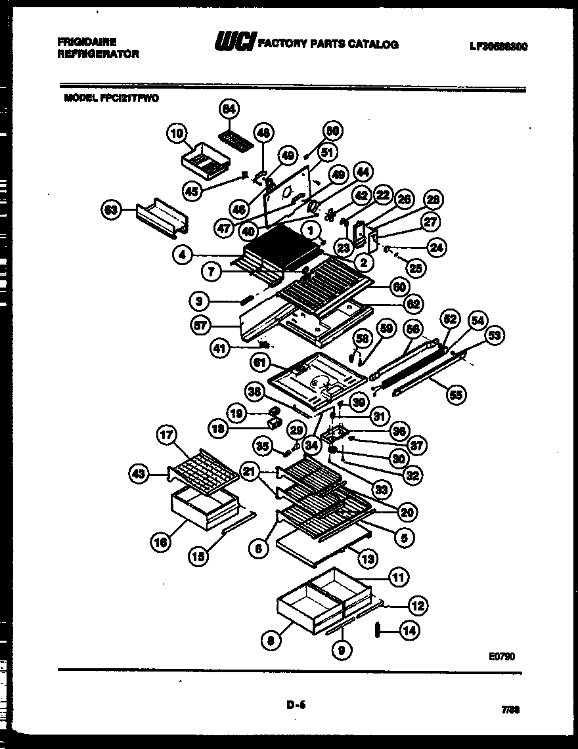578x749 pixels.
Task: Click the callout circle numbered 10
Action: [x=177, y=135]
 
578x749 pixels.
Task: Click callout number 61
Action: [x=260, y=362]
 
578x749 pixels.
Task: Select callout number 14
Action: [x=409, y=631]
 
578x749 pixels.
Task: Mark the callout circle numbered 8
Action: [x=269, y=641]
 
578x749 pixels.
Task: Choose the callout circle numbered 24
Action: [x=435, y=247]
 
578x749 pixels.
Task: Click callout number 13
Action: [x=368, y=559]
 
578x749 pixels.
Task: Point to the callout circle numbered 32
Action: [x=413, y=476]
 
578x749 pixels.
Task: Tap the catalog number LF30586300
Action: [x=499, y=47]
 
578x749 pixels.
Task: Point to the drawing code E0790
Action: [x=502, y=654]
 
